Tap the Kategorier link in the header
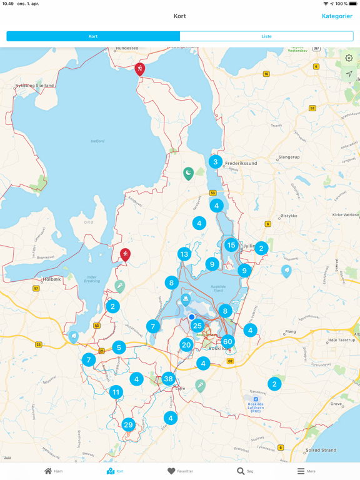tap(337, 16)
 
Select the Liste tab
tap(266, 36)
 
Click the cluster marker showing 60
tap(227, 341)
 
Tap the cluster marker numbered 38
tap(168, 379)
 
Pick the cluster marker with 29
tap(129, 425)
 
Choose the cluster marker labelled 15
tap(231, 246)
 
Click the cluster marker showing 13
tap(184, 254)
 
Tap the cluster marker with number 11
tap(116, 392)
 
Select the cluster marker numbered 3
tap(216, 162)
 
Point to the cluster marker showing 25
tap(197, 326)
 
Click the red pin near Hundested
tap(140, 68)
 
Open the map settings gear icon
tap(349, 58)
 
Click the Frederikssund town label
tap(241, 163)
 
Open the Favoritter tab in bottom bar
tap(180, 471)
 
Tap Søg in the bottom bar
tap(245, 471)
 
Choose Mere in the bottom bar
tap(306, 471)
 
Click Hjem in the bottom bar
tap(53, 471)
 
